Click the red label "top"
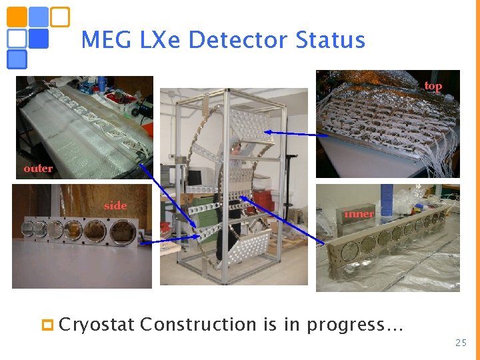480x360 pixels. click(x=433, y=86)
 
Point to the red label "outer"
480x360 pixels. click(x=38, y=169)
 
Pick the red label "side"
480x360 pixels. click(x=115, y=206)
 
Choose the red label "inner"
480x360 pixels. click(x=359, y=214)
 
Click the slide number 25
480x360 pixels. click(x=461, y=343)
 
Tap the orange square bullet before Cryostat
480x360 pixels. click(x=47, y=325)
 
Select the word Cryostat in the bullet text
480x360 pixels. click(x=97, y=325)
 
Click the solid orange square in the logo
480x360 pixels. click(x=17, y=17)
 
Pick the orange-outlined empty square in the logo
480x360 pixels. click(x=60, y=17)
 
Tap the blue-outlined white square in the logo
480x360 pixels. click(x=17, y=38)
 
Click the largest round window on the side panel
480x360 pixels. click(x=121, y=232)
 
